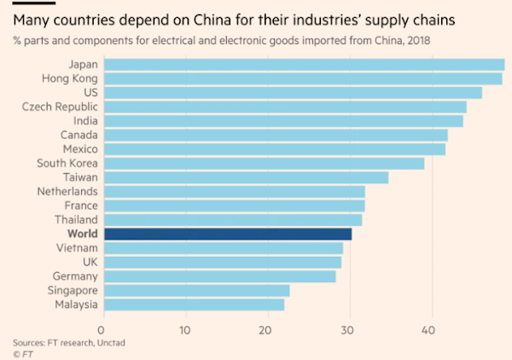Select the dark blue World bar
tap(227, 234)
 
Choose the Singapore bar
tap(196, 290)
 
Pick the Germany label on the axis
tap(73, 276)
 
